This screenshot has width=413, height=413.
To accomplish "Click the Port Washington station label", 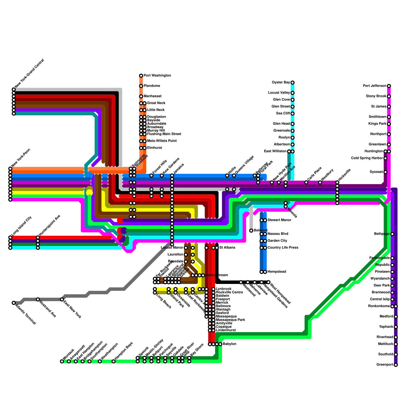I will click(157, 76).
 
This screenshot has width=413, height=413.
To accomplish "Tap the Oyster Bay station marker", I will click(292, 83).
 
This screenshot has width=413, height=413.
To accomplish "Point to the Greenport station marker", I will click(396, 365).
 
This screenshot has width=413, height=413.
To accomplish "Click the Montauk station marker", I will click(62, 361).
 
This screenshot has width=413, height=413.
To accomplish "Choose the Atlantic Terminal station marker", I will click(14, 303).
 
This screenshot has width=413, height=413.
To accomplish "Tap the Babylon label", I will click(229, 344).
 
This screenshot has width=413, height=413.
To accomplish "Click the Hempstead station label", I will click(277, 272).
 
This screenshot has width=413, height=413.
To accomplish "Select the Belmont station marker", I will click(251, 231).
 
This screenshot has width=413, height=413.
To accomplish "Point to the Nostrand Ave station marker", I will click(38, 299).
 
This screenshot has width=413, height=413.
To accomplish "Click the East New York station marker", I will click(62, 299).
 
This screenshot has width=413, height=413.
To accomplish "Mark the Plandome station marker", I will click(141, 86).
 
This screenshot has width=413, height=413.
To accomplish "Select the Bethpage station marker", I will click(392, 234).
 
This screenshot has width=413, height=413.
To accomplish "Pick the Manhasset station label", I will click(153, 96).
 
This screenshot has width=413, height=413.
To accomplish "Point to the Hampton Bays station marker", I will click(114, 361).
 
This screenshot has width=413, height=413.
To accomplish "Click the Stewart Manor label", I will click(279, 220).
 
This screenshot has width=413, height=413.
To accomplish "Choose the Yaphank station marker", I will click(396, 327).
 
